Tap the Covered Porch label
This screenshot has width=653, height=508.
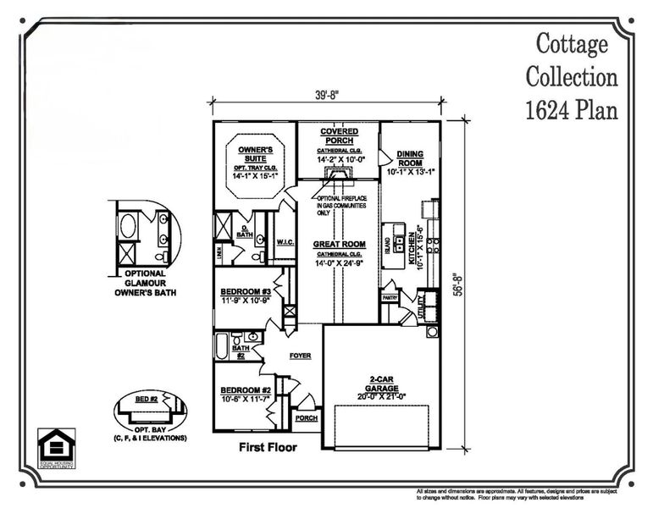[338, 136]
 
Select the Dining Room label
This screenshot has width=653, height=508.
[410, 158]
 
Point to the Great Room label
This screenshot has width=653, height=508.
[338, 244]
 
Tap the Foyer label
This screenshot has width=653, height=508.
[301, 356]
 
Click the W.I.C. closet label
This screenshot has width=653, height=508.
[285, 243]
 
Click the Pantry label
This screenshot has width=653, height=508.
[390, 298]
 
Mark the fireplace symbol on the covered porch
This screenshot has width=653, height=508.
[338, 175]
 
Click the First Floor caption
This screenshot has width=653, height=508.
[267, 447]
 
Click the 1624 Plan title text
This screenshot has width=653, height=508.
[571, 110]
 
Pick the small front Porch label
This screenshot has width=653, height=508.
[305, 418]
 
